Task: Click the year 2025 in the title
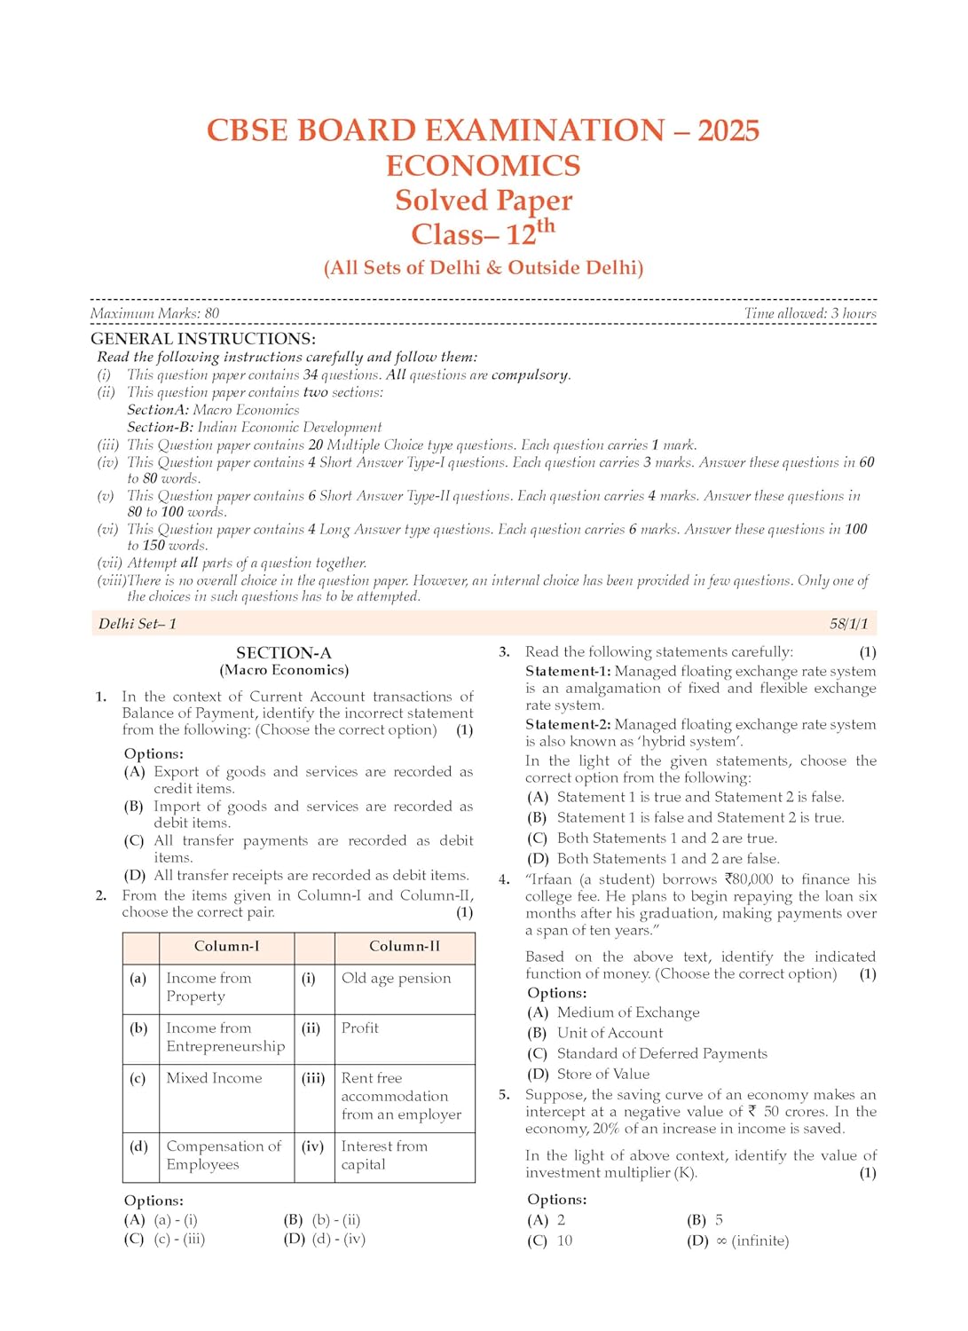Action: click(x=728, y=130)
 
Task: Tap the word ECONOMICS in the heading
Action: click(x=484, y=166)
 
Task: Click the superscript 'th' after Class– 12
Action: click(x=546, y=225)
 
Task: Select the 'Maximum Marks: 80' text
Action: click(x=154, y=313)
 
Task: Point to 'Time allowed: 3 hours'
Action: click(x=810, y=313)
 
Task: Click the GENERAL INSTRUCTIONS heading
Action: click(x=203, y=339)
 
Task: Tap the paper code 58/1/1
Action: click(x=849, y=624)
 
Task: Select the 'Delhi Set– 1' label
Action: click(x=138, y=624)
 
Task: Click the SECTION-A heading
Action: click(x=284, y=653)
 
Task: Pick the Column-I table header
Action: click(x=226, y=947)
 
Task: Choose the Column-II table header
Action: click(x=404, y=947)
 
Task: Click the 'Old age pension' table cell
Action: click(x=396, y=978)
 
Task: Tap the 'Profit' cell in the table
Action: click(x=359, y=1028)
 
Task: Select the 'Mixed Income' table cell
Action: click(x=214, y=1078)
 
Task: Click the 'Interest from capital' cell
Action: click(x=383, y=1155)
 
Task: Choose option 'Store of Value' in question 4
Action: click(x=602, y=1074)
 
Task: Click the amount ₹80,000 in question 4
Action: click(x=748, y=879)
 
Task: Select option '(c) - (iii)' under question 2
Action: click(x=179, y=1239)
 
